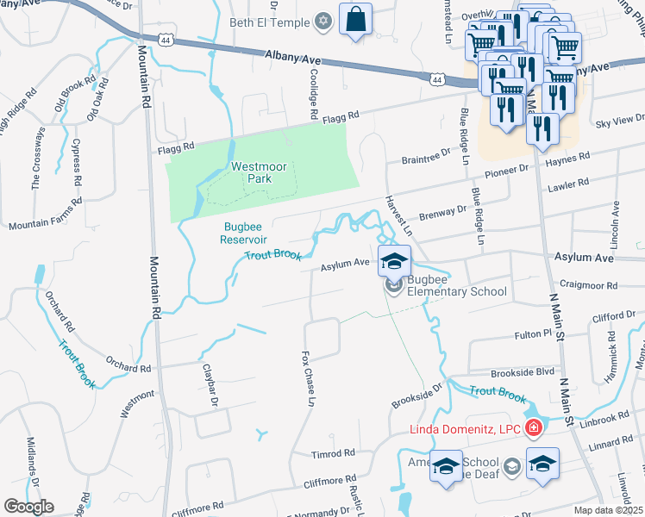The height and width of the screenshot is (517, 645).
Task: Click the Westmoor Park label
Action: (x=251, y=172)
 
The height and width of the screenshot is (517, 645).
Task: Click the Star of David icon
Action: (x=323, y=21)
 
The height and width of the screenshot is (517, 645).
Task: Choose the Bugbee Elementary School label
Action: (x=457, y=286)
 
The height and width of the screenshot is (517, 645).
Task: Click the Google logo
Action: (x=28, y=506)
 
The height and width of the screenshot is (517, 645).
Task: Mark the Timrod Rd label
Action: (x=334, y=452)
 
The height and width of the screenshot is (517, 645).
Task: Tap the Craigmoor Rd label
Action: (x=589, y=283)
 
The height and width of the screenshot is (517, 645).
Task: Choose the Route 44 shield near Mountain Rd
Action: (x=166, y=39)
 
